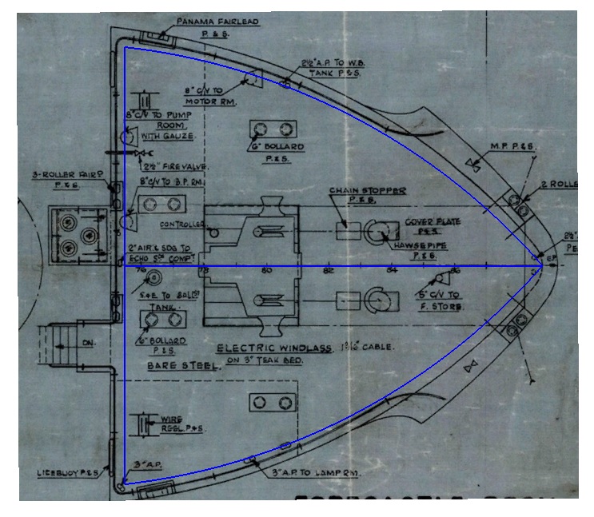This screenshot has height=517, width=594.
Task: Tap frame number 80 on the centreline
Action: tap(267, 270)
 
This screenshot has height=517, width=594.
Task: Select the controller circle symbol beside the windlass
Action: tap(213, 232)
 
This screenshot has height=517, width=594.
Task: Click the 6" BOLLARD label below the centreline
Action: tap(166, 344)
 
